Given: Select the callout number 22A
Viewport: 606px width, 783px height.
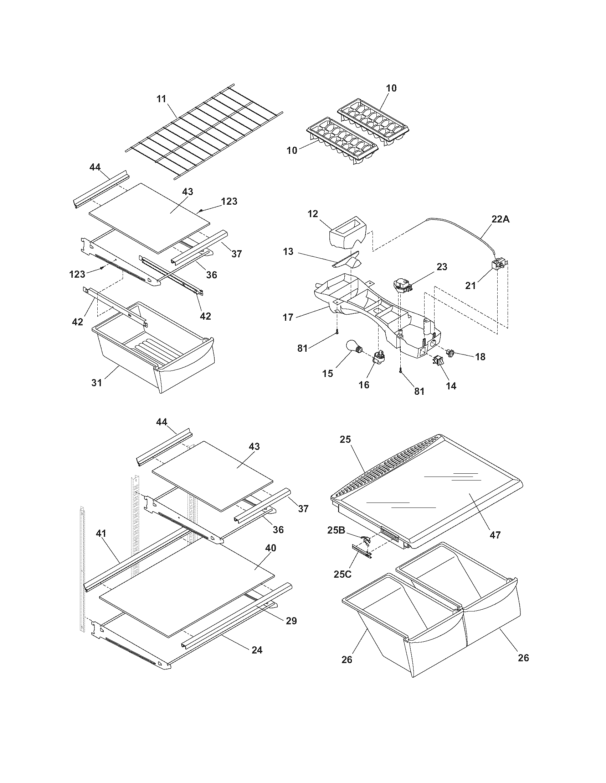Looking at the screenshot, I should pos(500,219).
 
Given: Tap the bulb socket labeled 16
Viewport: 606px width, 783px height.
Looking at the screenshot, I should pos(377,358).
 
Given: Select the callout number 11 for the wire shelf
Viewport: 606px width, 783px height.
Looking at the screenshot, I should pos(161,99).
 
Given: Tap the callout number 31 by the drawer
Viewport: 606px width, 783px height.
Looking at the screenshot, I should pos(97,383).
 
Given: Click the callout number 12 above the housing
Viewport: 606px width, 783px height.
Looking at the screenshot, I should pos(313,214).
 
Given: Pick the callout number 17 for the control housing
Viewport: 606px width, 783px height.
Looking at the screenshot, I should pos(288,317).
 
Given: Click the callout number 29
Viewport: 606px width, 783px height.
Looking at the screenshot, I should pos(291,621).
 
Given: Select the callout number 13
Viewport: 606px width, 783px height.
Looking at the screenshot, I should pos(288,251).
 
